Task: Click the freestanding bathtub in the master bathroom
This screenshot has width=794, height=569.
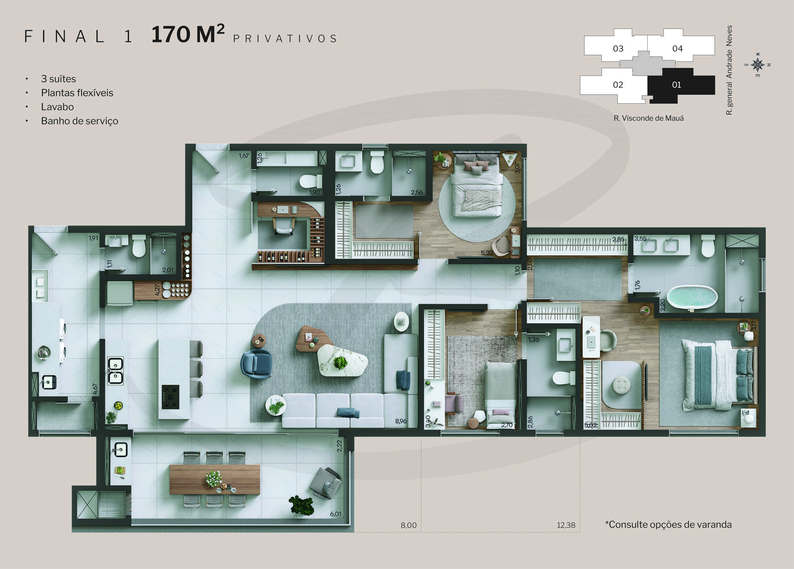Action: click(x=692, y=297)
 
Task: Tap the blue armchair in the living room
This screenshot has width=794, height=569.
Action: click(x=257, y=364)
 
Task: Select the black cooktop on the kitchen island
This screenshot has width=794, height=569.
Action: click(x=170, y=397)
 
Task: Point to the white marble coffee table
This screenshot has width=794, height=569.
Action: click(x=342, y=361)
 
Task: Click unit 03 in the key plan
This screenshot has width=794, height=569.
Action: click(x=618, y=48)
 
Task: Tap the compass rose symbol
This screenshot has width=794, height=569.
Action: click(x=758, y=65)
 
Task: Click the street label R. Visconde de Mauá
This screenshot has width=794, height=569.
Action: click(x=648, y=118)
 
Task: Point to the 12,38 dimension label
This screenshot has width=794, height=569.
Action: click(x=566, y=525)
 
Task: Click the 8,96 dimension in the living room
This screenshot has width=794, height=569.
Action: click(x=401, y=421)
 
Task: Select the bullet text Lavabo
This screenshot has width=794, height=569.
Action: click(x=57, y=107)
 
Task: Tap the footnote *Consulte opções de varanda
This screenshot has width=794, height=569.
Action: click(x=668, y=525)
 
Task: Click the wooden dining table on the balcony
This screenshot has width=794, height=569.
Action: click(x=215, y=479)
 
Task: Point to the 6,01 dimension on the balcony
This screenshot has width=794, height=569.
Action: click(x=336, y=514)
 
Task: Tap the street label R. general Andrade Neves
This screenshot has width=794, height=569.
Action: click(x=729, y=70)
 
